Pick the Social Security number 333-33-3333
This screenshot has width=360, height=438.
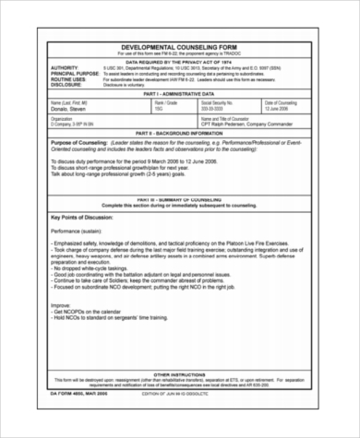(218, 109)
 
